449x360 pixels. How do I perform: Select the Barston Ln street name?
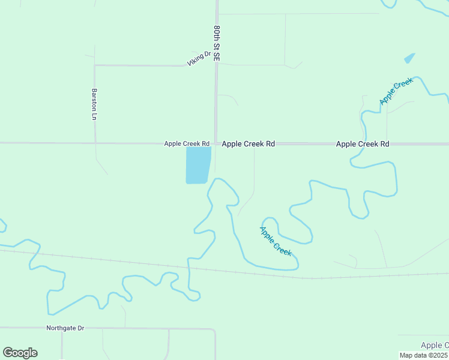point(94,104)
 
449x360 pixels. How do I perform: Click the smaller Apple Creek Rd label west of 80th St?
point(187,144)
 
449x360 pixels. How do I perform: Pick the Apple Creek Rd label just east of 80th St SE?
point(248,144)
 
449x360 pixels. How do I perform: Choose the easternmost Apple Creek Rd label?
point(363,144)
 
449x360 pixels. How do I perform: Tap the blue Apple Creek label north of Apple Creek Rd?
point(396,92)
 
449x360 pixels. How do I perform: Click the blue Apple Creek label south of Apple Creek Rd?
point(276,241)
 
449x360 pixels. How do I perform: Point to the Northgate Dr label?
point(65,328)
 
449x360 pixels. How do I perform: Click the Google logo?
point(20,353)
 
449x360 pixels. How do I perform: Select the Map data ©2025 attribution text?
point(424,355)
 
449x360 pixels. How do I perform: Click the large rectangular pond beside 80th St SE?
point(198,165)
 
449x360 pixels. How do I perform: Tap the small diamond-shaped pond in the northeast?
point(409,58)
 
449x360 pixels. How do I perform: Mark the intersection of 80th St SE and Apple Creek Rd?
point(216,144)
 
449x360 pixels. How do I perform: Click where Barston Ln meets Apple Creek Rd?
point(95,143)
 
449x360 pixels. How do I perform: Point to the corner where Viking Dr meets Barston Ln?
point(95,65)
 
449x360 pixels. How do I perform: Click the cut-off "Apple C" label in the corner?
point(434,345)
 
